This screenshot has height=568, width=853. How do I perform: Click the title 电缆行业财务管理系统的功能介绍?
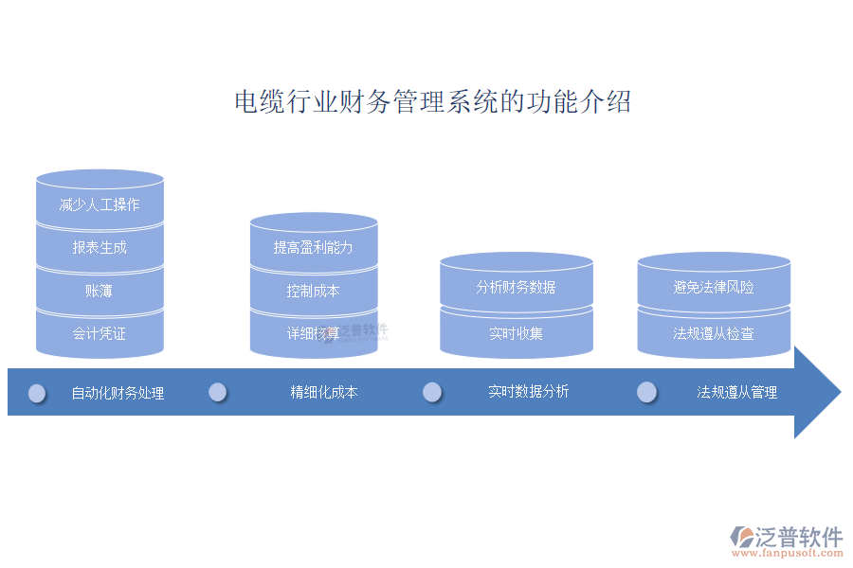(432, 102)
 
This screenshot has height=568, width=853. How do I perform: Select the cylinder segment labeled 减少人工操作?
(100, 204)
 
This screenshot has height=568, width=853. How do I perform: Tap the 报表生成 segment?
(100, 248)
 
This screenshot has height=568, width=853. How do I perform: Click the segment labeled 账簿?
(100, 291)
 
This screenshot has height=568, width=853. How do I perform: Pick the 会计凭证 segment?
(100, 333)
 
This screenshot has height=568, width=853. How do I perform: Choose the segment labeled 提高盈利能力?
(314, 248)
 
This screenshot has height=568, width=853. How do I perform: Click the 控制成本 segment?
(314, 291)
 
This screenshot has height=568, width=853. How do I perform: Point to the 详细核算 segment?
(314, 333)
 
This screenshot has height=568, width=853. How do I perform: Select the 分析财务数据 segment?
(516, 287)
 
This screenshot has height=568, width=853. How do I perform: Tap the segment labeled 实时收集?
(516, 333)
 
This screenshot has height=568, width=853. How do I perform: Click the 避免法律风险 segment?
(714, 287)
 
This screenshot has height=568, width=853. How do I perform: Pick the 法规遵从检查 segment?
(714, 333)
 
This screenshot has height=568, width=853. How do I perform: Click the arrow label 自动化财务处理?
(118, 393)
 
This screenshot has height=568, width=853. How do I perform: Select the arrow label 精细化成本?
(324, 392)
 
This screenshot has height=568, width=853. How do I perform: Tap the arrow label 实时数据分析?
(529, 392)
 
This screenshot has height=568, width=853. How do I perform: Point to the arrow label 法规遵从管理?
(737, 392)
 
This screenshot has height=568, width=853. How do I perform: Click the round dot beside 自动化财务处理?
(37, 393)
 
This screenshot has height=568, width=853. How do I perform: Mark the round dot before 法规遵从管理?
(647, 392)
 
